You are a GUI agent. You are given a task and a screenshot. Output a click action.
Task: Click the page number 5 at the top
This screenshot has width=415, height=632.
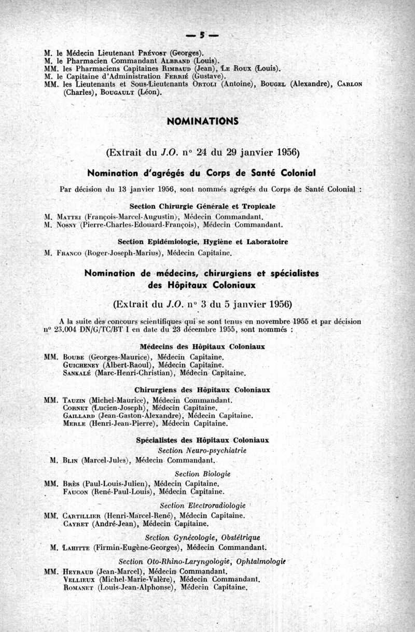tap(203, 35)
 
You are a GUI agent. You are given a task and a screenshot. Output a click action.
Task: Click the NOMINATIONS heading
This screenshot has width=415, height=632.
tap(203, 121)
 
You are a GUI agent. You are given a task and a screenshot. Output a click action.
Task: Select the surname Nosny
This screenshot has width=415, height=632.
tap(67, 225)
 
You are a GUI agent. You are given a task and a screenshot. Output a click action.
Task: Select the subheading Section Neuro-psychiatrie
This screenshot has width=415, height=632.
tap(202, 451)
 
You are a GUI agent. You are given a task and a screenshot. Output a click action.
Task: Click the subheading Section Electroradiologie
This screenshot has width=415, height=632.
tap(203, 505)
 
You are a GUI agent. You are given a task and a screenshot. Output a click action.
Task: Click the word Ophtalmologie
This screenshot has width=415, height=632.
tap(262, 561)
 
